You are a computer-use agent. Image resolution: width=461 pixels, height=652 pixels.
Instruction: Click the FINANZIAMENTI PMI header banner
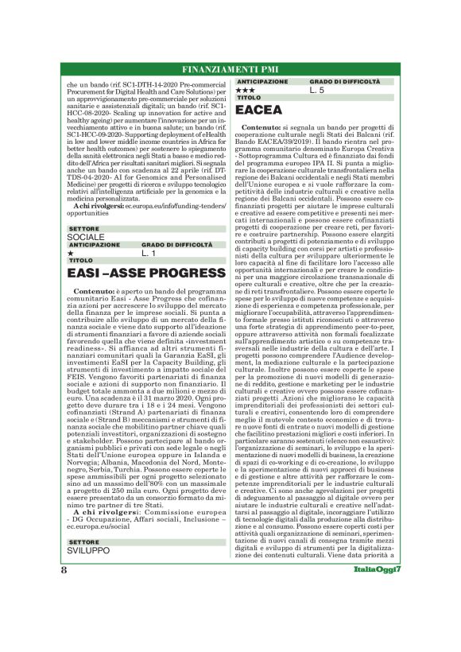point(230,68)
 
